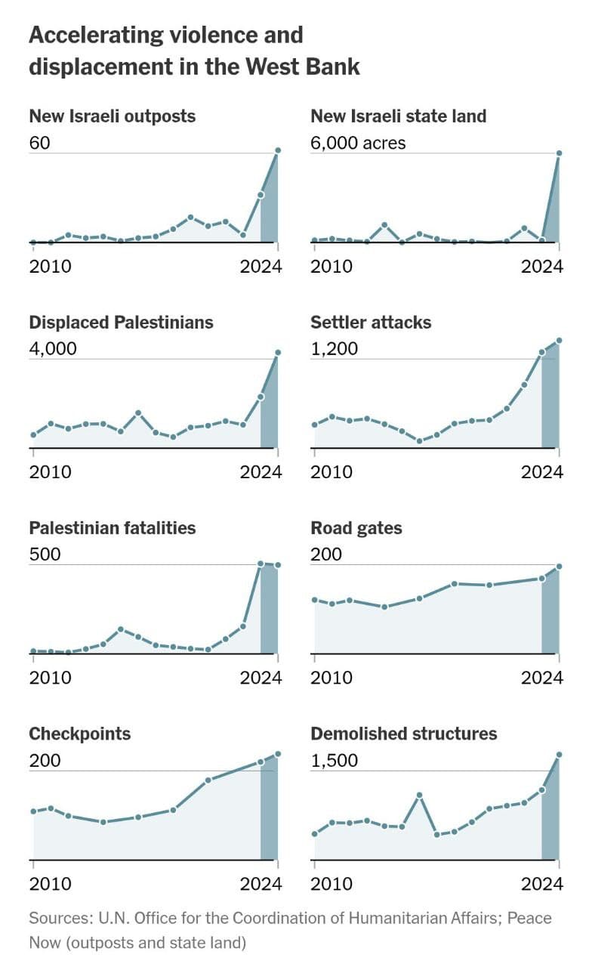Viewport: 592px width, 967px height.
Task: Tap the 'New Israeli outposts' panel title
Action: click(112, 116)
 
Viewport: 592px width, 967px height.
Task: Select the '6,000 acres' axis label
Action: click(358, 143)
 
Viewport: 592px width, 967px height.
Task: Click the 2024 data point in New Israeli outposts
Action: click(278, 150)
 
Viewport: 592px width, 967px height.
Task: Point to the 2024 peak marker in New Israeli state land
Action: click(559, 153)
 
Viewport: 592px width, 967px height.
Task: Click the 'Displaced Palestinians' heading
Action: click(121, 323)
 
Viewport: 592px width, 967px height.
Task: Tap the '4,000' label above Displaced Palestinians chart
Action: click(53, 349)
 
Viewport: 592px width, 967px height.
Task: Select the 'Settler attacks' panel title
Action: click(371, 323)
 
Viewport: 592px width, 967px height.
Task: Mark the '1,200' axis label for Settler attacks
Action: click(334, 349)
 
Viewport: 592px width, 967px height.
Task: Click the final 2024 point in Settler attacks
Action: click(559, 341)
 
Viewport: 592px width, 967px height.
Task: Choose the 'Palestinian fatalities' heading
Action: click(112, 528)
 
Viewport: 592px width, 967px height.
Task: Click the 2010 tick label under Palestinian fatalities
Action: click(50, 678)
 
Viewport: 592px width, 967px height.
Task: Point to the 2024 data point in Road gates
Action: click(559, 567)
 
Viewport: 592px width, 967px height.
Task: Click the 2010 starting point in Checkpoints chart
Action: click(33, 811)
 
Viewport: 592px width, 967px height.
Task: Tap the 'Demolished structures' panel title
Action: click(404, 734)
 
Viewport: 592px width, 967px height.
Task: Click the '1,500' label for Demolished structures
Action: click(334, 760)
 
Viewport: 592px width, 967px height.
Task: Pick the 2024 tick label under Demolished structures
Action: click(542, 884)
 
